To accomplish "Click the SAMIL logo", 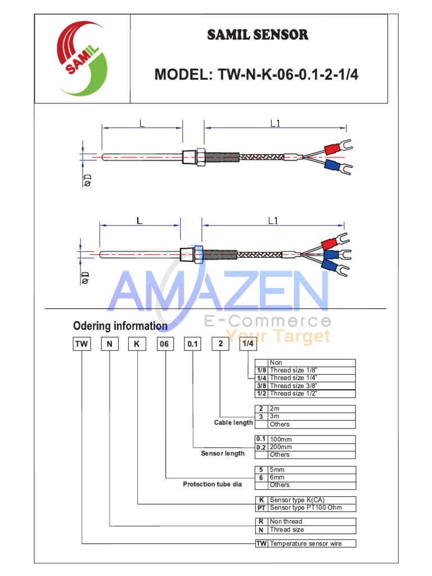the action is point(82,58).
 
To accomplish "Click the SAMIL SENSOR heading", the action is point(258,35).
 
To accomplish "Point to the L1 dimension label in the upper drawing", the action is point(275,123).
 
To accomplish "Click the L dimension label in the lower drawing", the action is point(139,220).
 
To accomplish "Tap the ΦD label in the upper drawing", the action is point(88,181).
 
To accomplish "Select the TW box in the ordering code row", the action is point(82,344).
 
